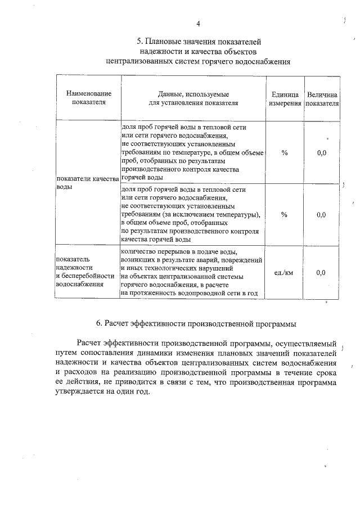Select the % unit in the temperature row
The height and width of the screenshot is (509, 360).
pos(284,152)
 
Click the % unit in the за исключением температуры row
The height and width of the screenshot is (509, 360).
pos(284,214)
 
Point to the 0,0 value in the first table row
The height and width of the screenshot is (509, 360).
pos(321,152)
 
